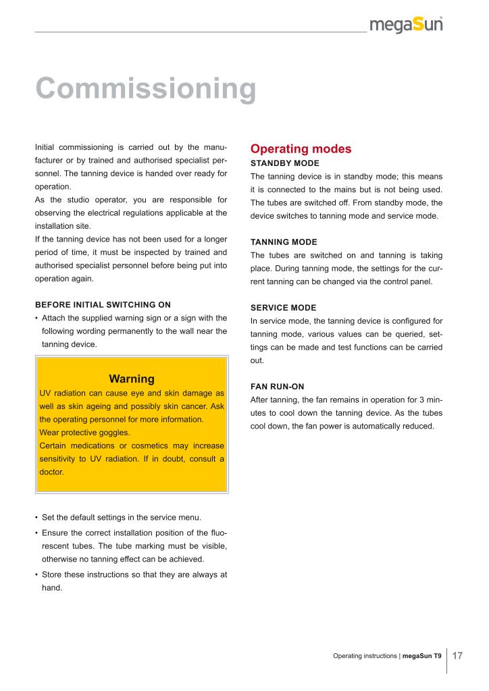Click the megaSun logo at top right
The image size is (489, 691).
406,25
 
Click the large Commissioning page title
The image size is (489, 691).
145,88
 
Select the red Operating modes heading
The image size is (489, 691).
301,148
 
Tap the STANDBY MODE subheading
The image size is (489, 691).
284,163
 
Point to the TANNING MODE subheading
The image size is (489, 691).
284,242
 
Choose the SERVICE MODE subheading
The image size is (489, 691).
283,308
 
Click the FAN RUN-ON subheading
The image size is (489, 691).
277,387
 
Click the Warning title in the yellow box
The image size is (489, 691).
132,379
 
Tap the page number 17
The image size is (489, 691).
457,655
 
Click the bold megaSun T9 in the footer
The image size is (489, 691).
422,656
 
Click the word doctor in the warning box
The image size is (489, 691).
52,472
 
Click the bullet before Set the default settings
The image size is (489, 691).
36,518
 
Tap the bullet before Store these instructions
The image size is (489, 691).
36,575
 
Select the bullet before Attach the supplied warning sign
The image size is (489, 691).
36,318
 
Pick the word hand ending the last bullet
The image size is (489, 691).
52,588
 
